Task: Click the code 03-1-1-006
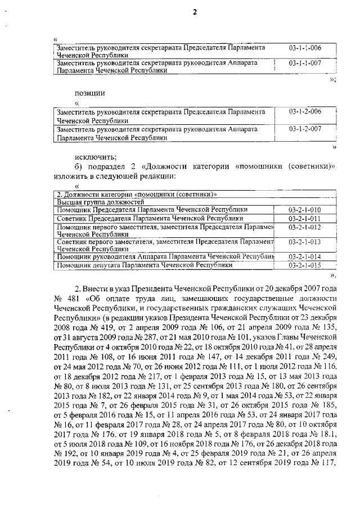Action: [304, 48]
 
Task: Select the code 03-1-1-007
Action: [304, 64]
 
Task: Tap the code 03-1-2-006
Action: [304, 113]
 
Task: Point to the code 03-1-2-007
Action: [304, 129]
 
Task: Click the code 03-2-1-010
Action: [304, 210]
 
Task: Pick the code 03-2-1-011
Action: [304, 218]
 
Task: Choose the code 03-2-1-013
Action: [304, 242]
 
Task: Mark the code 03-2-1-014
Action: [304, 256]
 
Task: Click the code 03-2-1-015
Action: [304, 264]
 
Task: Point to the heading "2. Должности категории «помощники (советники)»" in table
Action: [134, 194]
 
